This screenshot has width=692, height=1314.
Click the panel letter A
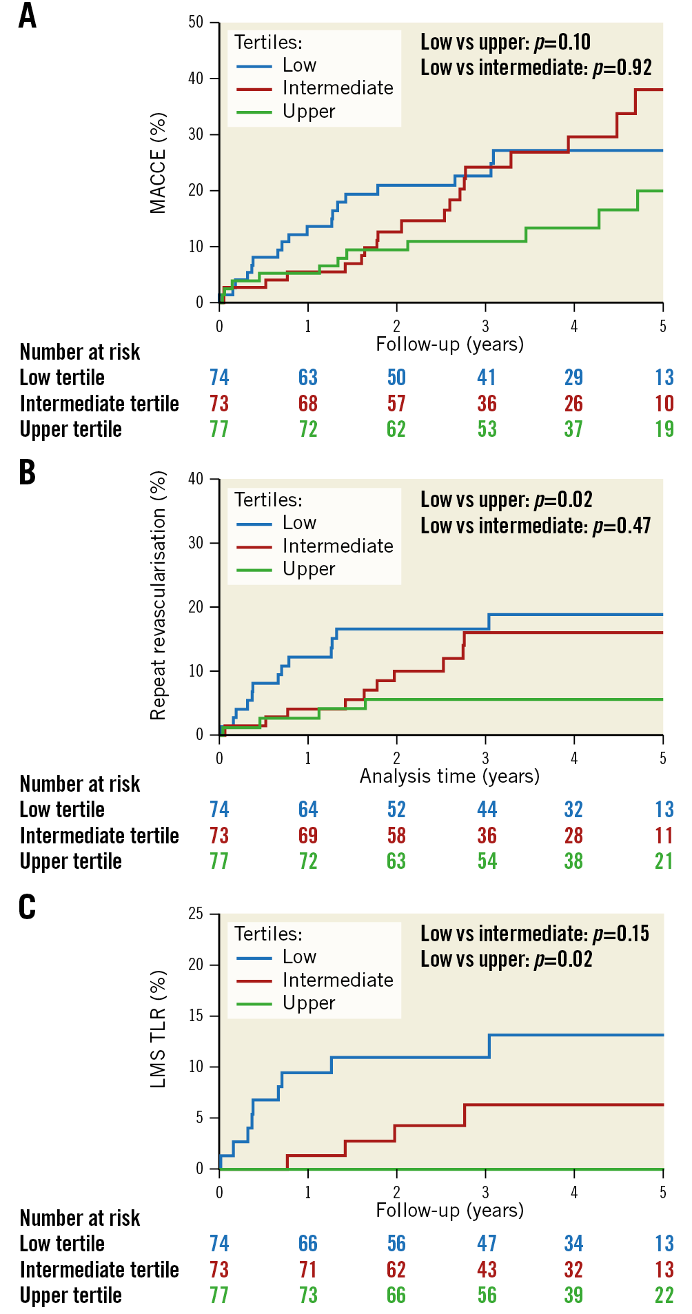click(x=28, y=16)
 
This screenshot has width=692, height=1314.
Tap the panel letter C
click(x=28, y=907)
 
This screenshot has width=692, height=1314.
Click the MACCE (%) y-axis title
click(x=158, y=163)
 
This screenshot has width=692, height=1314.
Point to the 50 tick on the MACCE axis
click(x=196, y=22)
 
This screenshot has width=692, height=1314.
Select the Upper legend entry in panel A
click(x=308, y=112)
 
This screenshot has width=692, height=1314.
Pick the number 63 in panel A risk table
click(x=308, y=378)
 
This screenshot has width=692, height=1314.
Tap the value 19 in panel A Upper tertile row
click(x=664, y=429)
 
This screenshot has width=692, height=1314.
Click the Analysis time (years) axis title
click(x=449, y=777)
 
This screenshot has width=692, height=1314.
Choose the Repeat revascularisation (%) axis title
click(x=158, y=595)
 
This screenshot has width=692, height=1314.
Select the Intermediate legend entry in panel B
click(x=337, y=546)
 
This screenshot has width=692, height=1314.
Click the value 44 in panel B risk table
click(x=487, y=810)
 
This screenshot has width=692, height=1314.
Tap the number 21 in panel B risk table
click(x=664, y=861)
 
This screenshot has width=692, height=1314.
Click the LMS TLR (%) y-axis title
click(x=158, y=1029)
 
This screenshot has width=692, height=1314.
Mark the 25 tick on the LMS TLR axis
click(x=196, y=914)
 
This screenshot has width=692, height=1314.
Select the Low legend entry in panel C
click(x=299, y=957)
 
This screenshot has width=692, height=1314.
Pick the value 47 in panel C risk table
click(x=487, y=1244)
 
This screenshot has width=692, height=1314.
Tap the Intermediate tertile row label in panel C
click(x=99, y=1269)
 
